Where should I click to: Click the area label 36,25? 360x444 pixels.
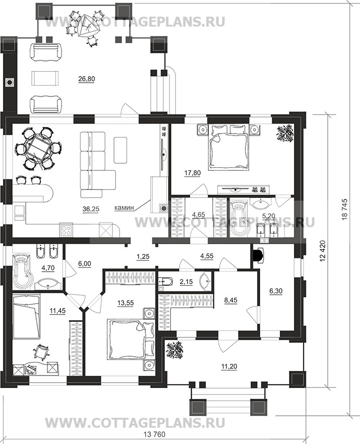coord(91,209)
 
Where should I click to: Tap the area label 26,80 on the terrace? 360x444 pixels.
coord(87,79)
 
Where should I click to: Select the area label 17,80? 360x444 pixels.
coord(192,173)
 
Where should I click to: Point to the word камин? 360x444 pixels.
coord(124,208)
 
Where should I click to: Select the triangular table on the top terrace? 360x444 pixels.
coord(86,25)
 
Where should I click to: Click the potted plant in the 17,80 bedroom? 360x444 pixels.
coord(284,134)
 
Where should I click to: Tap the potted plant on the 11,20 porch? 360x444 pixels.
coord(174,351)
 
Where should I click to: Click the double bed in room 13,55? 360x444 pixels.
coord(131,339)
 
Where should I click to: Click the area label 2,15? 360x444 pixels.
coord(187,282)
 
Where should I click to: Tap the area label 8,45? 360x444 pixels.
coord(230,300)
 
